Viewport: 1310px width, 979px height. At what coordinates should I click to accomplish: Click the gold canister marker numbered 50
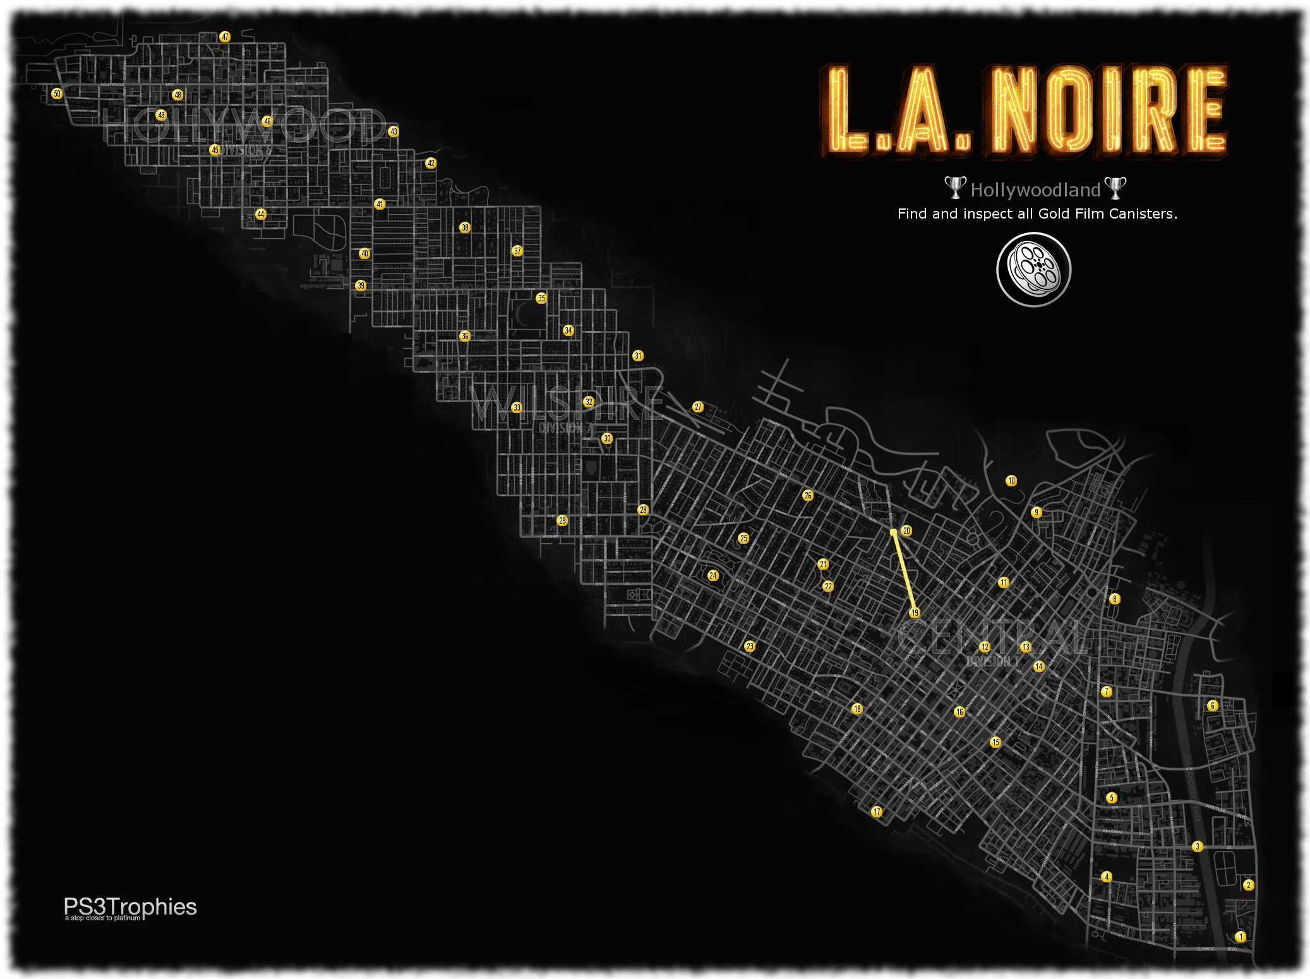(x=57, y=93)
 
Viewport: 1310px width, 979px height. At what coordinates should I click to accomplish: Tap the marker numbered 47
(x=225, y=37)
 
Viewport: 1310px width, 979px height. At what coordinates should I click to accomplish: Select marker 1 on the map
(x=1240, y=937)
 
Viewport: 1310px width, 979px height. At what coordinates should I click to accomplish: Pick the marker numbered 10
(x=1011, y=481)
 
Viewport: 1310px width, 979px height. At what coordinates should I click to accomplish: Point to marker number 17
(x=877, y=812)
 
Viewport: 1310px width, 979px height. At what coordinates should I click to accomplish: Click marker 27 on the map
(x=698, y=407)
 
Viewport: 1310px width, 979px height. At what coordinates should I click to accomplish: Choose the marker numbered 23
(x=750, y=646)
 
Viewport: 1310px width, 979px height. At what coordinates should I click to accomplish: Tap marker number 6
(x=1212, y=706)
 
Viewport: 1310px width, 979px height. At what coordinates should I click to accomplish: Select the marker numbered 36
(x=465, y=336)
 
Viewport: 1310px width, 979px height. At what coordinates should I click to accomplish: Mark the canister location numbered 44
(x=261, y=214)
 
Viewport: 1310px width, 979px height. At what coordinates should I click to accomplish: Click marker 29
(x=562, y=520)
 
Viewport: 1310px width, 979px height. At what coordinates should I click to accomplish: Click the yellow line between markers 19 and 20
(x=904, y=572)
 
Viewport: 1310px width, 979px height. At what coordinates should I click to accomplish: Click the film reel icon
(x=1034, y=270)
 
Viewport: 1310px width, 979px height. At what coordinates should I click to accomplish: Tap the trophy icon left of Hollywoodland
(x=955, y=188)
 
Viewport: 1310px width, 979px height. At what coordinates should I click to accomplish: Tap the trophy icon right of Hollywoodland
(x=1115, y=188)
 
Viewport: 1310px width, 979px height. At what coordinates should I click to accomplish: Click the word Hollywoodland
(x=1035, y=190)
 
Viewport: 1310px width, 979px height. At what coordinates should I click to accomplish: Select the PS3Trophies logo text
(x=130, y=908)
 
